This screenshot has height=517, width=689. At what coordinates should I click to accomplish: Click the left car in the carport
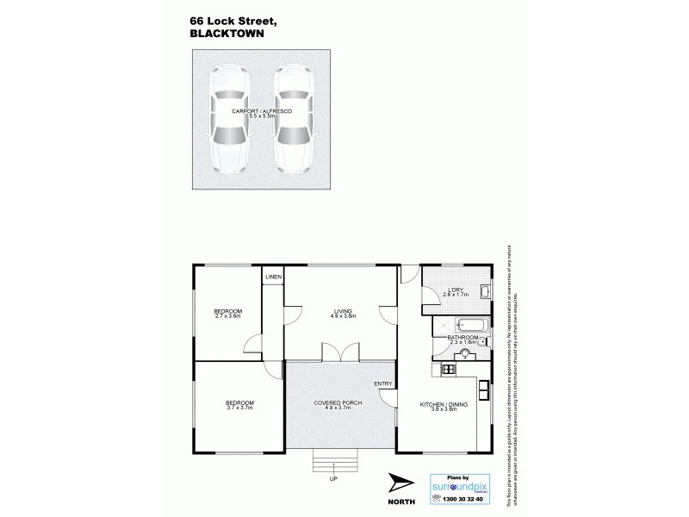[x=229, y=120]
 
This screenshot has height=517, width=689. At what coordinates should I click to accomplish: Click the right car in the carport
[x=294, y=120]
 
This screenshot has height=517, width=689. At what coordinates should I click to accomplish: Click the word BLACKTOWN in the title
[x=226, y=35]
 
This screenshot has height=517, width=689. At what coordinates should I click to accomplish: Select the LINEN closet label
[x=273, y=277]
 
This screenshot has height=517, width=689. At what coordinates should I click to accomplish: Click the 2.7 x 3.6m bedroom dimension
[x=228, y=316]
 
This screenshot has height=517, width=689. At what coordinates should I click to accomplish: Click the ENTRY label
[x=383, y=383]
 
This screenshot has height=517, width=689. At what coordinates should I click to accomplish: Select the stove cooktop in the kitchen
[x=448, y=370]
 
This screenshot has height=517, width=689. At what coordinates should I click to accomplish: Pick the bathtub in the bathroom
[x=472, y=327]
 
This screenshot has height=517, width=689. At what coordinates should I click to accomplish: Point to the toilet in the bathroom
[x=482, y=340]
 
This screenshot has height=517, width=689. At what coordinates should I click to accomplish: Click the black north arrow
[x=400, y=482]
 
